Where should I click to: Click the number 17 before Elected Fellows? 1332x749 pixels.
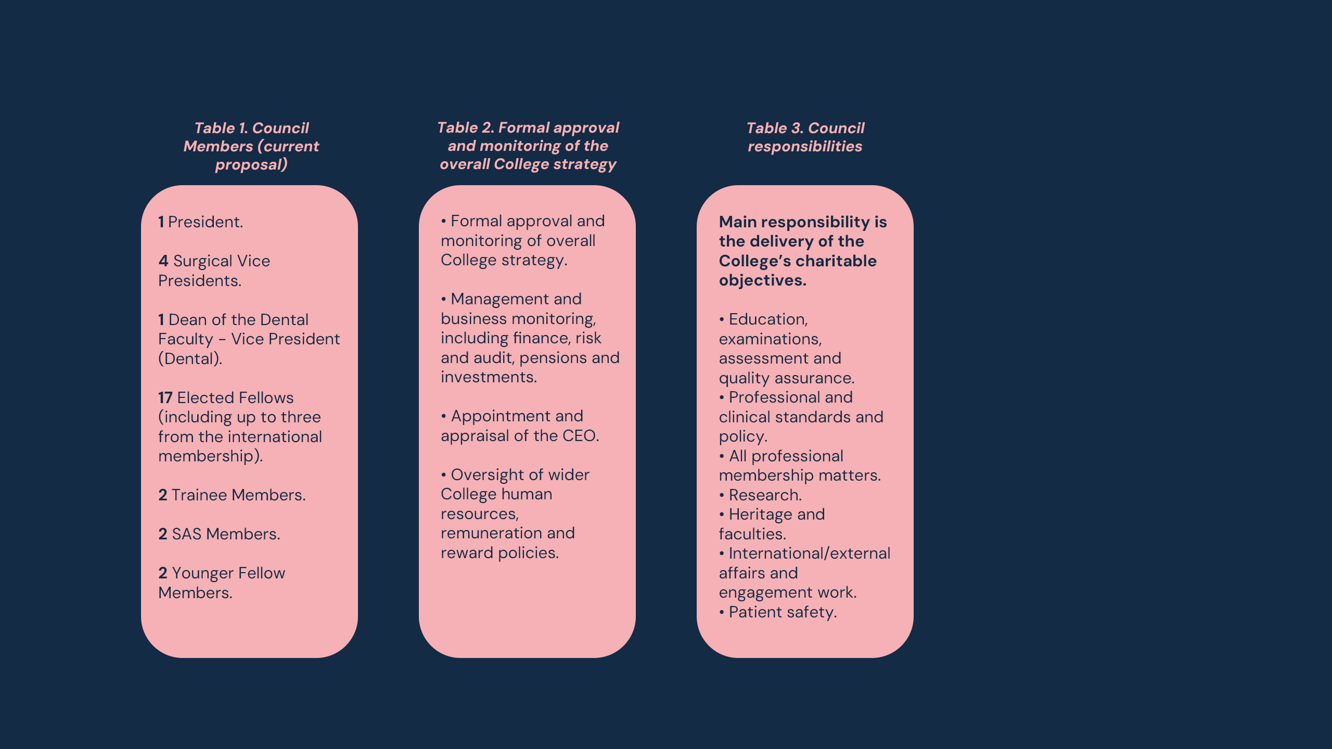(x=165, y=398)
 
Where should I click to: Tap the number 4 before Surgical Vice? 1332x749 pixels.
(x=163, y=261)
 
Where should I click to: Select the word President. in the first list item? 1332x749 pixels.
(x=206, y=222)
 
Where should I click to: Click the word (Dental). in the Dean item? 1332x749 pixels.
(x=190, y=359)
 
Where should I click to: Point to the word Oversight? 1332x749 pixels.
(x=488, y=475)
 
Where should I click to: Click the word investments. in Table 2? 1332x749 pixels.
(x=489, y=377)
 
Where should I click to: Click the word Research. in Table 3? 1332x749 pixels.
(x=765, y=495)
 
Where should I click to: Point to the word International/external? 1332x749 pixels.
(x=810, y=553)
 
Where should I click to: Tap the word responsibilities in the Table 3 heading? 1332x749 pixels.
(x=805, y=147)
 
